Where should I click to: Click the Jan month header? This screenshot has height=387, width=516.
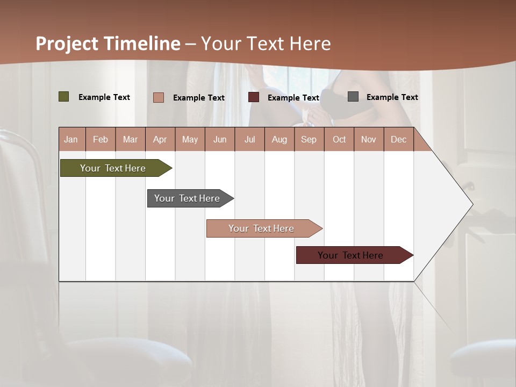click(71, 139)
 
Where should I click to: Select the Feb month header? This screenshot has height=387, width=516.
click(101, 139)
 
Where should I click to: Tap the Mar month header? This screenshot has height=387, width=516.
click(130, 139)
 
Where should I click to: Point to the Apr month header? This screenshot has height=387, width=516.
click(160, 139)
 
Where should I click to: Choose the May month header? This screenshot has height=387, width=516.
click(190, 139)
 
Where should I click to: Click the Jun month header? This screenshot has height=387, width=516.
click(220, 139)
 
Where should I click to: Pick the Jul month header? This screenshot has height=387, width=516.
click(249, 139)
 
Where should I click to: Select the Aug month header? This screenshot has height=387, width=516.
click(279, 139)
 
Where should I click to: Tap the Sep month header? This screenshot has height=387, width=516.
click(309, 139)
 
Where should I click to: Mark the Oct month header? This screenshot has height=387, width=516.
click(339, 139)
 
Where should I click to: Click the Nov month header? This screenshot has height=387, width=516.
click(369, 139)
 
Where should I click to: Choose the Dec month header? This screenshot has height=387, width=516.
click(398, 139)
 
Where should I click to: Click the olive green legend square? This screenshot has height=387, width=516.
click(64, 97)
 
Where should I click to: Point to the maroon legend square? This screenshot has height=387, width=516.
click(254, 97)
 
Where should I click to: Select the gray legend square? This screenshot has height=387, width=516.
click(353, 97)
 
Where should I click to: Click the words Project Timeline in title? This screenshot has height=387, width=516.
click(108, 44)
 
